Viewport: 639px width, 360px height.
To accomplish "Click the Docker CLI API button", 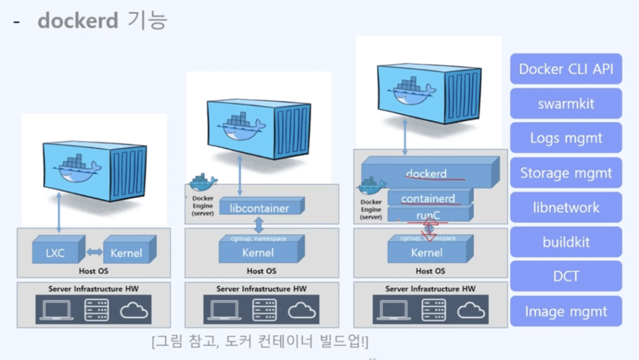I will [x=566, y=69].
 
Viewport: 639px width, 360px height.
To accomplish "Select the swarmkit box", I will [x=566, y=104].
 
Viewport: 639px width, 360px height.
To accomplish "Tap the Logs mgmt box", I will [x=566, y=138].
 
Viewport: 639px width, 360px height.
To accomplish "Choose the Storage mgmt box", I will [x=566, y=173].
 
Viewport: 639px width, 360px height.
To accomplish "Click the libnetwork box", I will [x=566, y=207].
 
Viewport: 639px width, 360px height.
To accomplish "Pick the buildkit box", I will [x=566, y=242].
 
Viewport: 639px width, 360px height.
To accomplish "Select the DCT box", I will [x=566, y=276].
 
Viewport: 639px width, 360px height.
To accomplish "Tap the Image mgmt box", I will [x=566, y=311].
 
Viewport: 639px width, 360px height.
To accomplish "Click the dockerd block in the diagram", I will [x=427, y=172].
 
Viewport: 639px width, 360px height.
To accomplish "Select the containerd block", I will [x=427, y=198].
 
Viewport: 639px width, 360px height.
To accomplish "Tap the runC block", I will [x=428, y=215].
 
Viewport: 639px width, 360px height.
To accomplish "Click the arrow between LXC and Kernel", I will [x=94, y=252].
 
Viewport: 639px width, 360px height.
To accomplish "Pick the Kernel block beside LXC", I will [x=127, y=253].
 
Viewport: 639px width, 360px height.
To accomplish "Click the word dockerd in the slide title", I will [x=77, y=21].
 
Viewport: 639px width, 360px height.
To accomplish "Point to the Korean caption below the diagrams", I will [x=260, y=343].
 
